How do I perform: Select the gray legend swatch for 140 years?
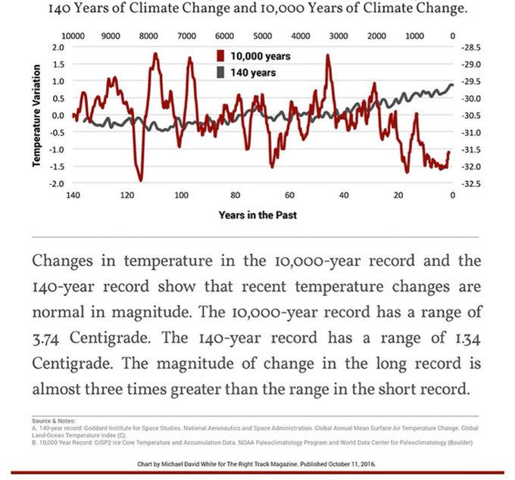[222, 73]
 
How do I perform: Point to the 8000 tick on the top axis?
[148, 36]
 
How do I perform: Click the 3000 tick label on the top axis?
[339, 36]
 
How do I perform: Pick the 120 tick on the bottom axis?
[126, 195]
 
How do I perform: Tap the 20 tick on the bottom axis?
[398, 195]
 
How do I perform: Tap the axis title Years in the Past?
[257, 215]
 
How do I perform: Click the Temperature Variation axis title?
[37, 115]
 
